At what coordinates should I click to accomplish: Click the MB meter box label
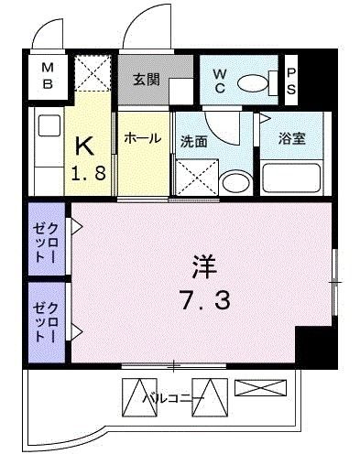coord(48,75)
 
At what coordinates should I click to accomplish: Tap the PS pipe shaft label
coord(291,81)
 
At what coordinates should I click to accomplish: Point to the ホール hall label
coord(143,138)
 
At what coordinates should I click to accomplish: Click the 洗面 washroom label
coord(193,142)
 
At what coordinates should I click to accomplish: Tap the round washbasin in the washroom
coord(236,182)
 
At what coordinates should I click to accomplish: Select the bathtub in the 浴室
coord(291,178)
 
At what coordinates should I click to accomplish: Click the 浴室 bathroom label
coord(292,139)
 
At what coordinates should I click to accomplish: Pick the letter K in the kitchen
coord(84,146)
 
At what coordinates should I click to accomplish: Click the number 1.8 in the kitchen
coord(89,173)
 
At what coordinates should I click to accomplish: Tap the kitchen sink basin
coord(49,125)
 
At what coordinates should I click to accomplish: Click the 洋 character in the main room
coord(203,266)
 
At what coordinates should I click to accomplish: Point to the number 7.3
coord(205,299)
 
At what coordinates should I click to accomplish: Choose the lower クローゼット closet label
coord(46,322)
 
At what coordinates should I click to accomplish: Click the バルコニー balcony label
coord(173,398)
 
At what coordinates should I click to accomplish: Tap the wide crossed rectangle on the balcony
coord(260,387)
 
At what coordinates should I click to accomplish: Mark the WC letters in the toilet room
coord(220,81)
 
